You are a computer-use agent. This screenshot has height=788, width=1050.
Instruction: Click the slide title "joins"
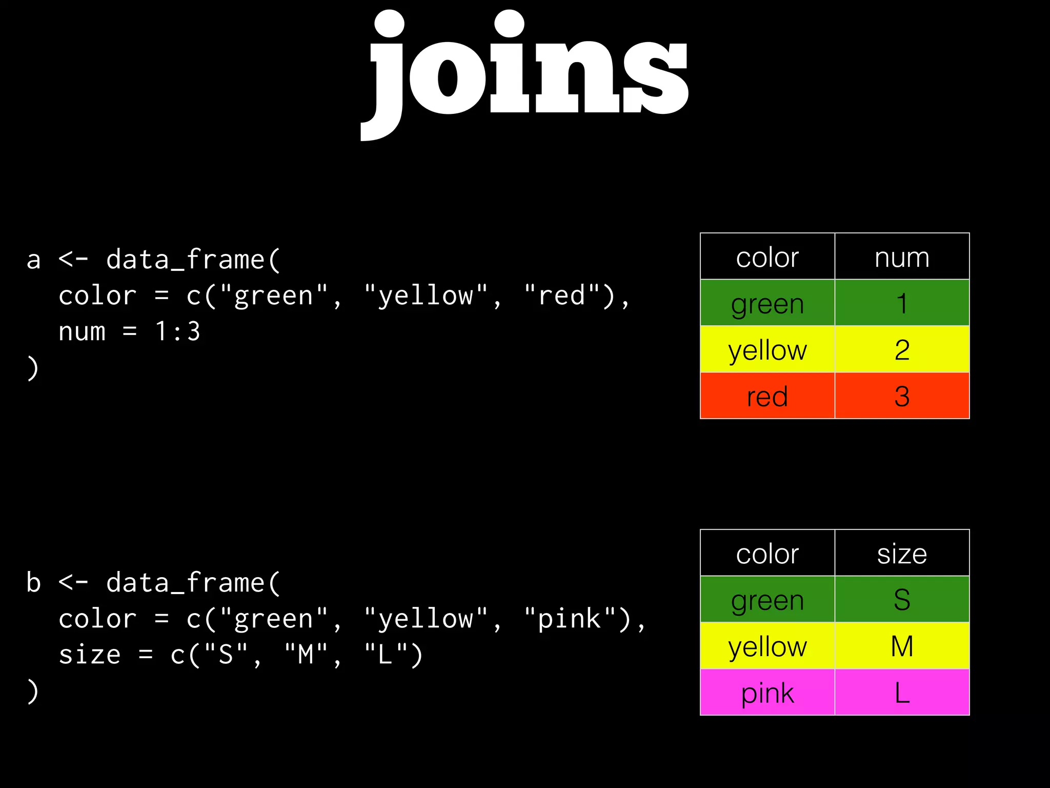pyautogui.click(x=525, y=69)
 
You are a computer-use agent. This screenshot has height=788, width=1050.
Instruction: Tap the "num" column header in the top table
pyautogui.click(x=902, y=257)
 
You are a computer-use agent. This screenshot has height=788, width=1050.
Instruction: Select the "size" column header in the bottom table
pyautogui.click(x=902, y=553)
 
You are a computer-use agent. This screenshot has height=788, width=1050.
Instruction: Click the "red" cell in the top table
pyautogui.click(x=767, y=396)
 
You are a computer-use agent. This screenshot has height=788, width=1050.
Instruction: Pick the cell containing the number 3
pyautogui.click(x=902, y=396)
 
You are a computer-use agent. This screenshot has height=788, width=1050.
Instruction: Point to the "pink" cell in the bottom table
pyautogui.click(x=767, y=693)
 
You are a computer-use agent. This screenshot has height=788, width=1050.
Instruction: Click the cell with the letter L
pyautogui.click(x=902, y=693)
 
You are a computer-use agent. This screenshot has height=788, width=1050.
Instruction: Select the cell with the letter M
pyautogui.click(x=902, y=646)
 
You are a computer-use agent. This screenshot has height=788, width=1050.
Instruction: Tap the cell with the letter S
pyautogui.click(x=902, y=599)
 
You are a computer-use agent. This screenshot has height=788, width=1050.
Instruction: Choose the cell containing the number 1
pyautogui.click(x=902, y=303)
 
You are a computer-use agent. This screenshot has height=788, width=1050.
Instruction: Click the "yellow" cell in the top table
pyautogui.click(x=767, y=349)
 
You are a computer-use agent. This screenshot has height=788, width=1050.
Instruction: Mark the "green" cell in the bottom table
pyautogui.click(x=767, y=599)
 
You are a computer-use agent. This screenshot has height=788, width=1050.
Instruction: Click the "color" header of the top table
pyautogui.click(x=767, y=257)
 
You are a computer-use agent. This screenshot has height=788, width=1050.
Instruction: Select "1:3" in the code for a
pyautogui.click(x=177, y=331)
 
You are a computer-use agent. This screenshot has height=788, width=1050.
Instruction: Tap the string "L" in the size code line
pyautogui.click(x=386, y=655)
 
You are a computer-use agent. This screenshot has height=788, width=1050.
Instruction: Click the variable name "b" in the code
pyautogui.click(x=33, y=583)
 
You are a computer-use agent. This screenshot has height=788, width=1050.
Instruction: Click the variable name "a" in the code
pyautogui.click(x=33, y=260)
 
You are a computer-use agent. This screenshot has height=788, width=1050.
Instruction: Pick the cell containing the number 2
pyautogui.click(x=902, y=349)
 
